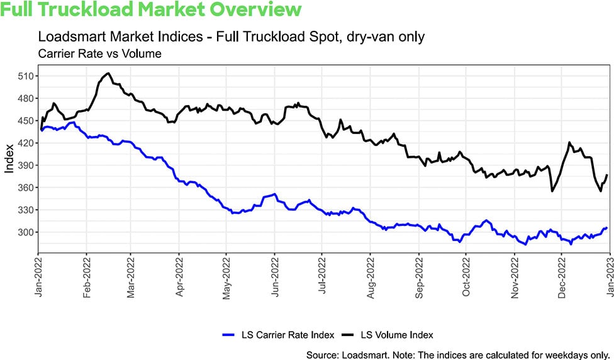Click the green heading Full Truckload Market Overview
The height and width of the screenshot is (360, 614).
click(x=152, y=10)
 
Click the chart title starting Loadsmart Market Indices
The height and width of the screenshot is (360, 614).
click(x=232, y=37)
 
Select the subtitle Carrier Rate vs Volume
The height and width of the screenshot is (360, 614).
click(x=100, y=53)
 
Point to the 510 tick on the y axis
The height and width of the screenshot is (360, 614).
click(x=26, y=76)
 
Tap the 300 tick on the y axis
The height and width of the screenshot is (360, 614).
click(x=26, y=232)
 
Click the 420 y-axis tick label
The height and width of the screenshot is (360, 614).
click(x=26, y=143)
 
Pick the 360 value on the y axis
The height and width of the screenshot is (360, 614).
click(x=26, y=188)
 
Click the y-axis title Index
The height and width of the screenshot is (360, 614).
click(x=9, y=160)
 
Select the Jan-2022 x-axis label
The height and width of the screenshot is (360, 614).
click(x=39, y=275)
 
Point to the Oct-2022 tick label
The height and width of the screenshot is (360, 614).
click(x=466, y=275)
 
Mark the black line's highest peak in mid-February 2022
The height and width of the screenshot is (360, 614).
click(x=108, y=74)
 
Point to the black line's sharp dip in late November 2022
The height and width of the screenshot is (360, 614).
click(x=552, y=191)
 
